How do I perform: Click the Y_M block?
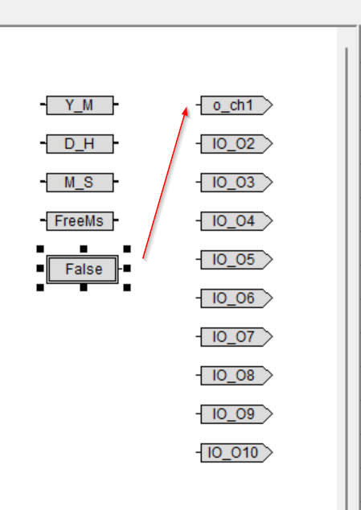point(80,105)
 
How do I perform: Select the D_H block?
point(80,143)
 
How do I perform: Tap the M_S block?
point(80,182)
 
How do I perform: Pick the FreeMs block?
point(80,221)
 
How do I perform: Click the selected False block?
point(83,269)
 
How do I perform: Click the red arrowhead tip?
point(187,107)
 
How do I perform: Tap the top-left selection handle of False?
point(40,249)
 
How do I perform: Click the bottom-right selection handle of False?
point(127,287)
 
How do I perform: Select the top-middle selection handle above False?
point(84,249)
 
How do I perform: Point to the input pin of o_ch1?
point(198,105)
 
